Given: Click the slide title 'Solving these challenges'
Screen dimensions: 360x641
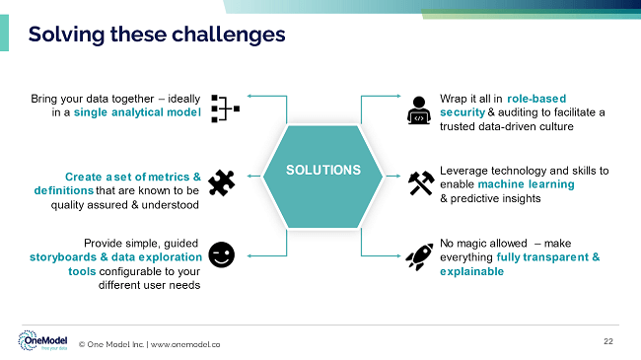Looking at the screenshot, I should tap(157, 35).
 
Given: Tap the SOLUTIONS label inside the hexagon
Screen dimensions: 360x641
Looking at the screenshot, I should tap(322, 170).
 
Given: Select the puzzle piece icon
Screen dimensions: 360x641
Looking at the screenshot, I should tap(222, 180).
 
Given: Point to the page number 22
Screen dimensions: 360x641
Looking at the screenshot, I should tap(607, 340).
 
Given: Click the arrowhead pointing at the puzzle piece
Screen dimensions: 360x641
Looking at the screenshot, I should tap(248, 177).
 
